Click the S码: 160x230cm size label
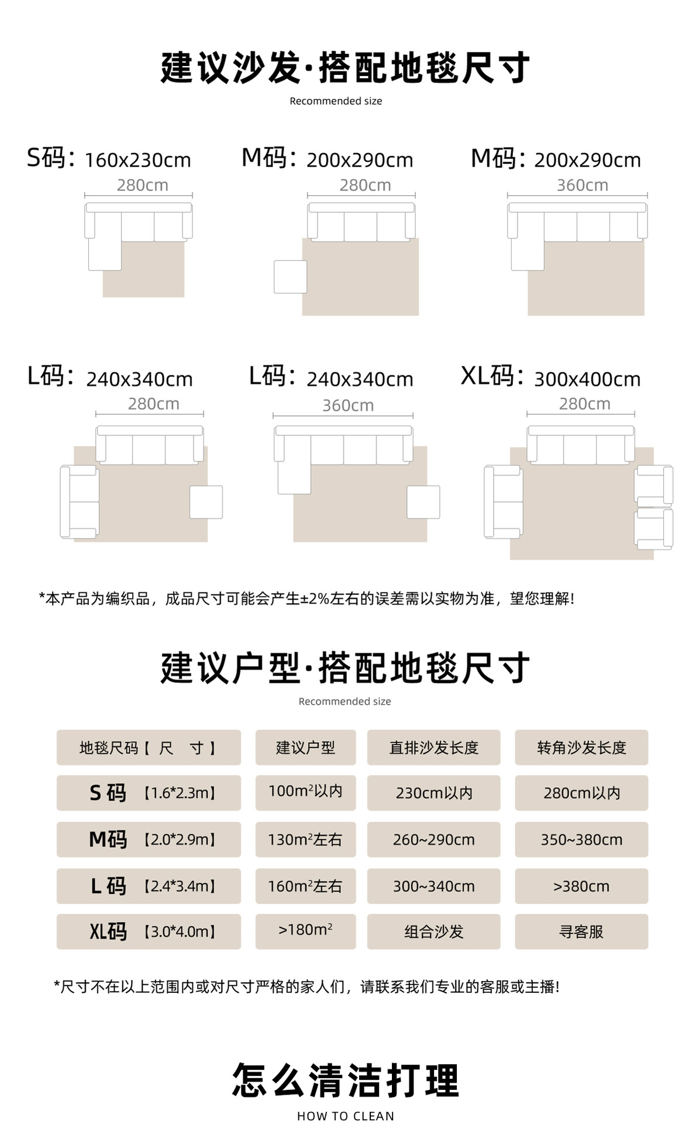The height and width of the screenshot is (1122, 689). point(109,159)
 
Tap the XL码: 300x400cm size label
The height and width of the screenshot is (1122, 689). point(550,378)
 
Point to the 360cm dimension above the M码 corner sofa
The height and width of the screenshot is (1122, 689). point(582,185)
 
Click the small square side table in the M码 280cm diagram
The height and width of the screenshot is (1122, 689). point(290,276)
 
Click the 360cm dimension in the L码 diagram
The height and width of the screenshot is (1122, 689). point(347,405)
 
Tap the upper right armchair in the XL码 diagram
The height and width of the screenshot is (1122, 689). point(654,484)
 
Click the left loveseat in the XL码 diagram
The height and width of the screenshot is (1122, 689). point(502,501)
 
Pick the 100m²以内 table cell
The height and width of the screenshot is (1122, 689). point(305,792)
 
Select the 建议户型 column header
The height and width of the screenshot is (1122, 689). point(305,747)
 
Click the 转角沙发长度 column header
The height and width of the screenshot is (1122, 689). point(581,747)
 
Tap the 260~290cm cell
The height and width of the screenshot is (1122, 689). point(433,839)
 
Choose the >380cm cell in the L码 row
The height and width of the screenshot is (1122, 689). point(581,886)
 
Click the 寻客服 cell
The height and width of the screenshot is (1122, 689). point(581,931)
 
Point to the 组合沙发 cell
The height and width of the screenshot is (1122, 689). point(433,931)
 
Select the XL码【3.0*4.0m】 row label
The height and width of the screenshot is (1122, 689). point(149,931)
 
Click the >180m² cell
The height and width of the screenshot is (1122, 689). point(305,930)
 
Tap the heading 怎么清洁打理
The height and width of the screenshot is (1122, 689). point(345,1080)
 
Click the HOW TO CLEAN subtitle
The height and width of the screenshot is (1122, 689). point(345,1116)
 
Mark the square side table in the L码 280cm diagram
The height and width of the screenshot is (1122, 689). point(206,502)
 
